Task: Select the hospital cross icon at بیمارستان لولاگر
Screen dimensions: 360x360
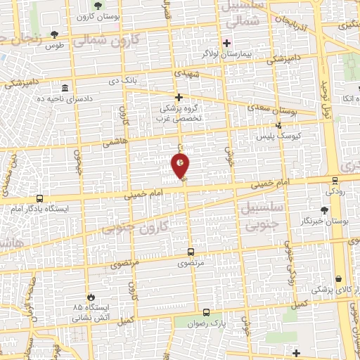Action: [x=226, y=42]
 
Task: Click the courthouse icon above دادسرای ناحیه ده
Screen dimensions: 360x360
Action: [x=65, y=89]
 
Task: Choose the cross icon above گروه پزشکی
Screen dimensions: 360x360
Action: [x=179, y=98]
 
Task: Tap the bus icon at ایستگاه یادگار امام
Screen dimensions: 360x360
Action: [x=39, y=199]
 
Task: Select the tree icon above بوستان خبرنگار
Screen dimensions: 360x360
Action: [x=324, y=210]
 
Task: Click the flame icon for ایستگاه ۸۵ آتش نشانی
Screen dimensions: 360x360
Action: [x=89, y=297]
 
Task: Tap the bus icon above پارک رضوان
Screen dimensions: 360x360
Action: [x=206, y=311]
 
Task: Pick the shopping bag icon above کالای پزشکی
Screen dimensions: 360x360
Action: [x=340, y=278]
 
